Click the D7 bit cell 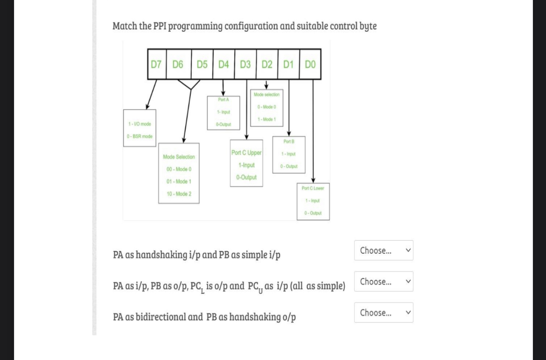point(156,64)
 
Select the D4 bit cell point(224,64)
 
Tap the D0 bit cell point(310,64)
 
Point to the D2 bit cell point(267,64)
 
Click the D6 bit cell point(178,64)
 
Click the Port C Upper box point(246,163)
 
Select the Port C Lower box point(313,201)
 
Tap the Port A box point(224,113)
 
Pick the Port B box point(289,154)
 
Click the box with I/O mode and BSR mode point(140,128)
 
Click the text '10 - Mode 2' point(179,194)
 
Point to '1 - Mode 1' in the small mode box point(266,119)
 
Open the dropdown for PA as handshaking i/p point(384,250)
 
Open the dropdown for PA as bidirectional point(384,312)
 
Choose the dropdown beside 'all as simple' point(384,282)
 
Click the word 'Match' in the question point(125,26)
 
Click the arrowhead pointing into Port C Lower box point(313,181)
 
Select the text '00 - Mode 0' point(179,169)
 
